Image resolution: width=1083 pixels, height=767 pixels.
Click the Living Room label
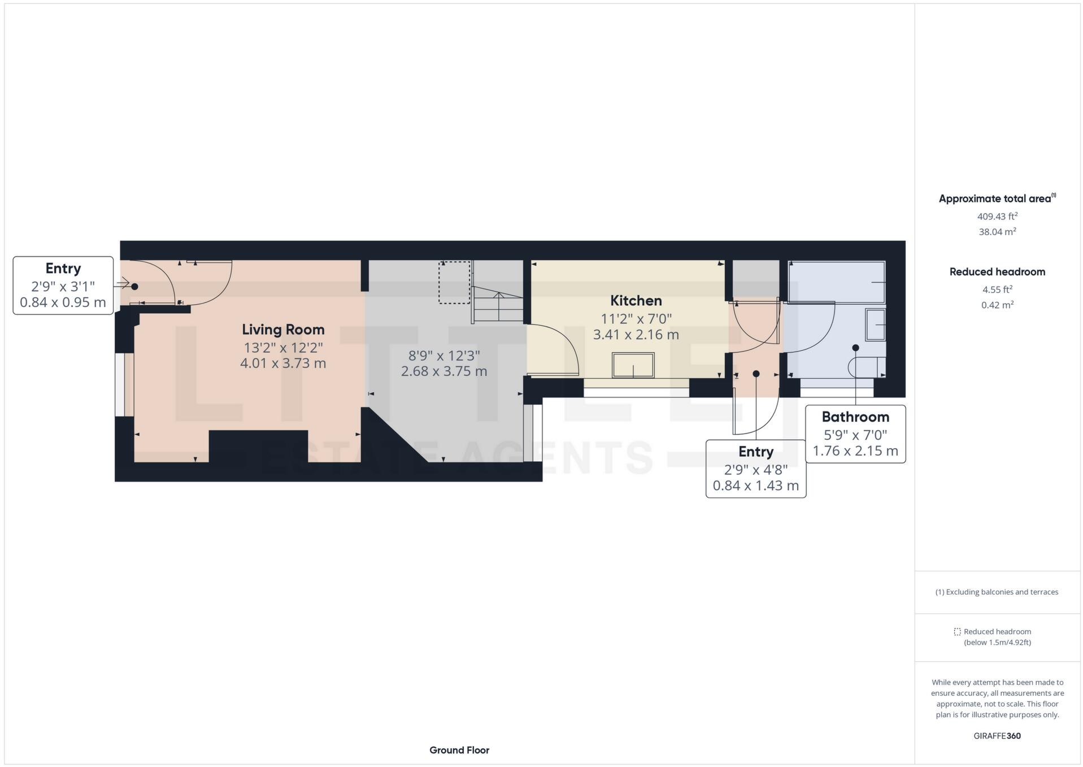coord(283,330)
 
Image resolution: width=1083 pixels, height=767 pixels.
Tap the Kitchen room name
coord(636,301)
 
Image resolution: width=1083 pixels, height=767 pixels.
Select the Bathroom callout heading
coord(855,417)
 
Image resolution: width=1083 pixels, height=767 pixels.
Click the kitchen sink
coord(633,365)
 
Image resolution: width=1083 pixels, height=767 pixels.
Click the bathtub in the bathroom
coord(837,282)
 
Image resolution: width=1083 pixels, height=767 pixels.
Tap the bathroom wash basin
coord(875,324)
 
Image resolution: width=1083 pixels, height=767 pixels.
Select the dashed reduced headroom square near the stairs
coord(454,283)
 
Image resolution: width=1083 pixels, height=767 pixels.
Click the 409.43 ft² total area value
coord(997,216)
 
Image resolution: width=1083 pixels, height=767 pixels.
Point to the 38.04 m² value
coord(997,232)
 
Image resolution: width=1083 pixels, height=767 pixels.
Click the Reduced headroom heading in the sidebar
coord(997,272)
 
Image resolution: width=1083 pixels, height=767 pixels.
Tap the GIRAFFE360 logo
coord(997,736)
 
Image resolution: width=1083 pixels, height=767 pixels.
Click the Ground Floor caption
coord(459,750)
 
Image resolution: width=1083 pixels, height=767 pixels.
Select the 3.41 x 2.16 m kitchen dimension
coord(636,335)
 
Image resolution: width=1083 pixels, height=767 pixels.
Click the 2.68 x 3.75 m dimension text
coord(444,371)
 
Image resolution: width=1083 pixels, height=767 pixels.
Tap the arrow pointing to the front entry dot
coord(122,283)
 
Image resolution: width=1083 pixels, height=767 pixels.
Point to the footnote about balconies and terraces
coord(997,592)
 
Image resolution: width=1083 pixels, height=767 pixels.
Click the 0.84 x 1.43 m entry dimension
coord(755,486)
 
